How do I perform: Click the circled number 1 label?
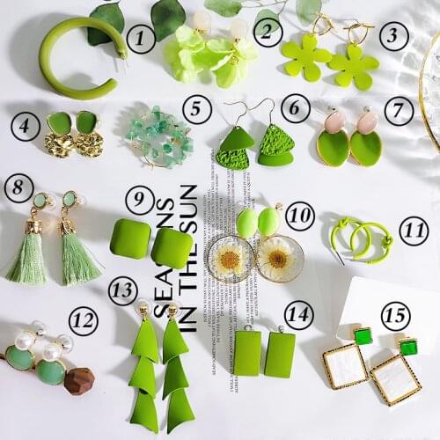(140, 38)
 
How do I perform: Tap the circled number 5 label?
(197, 109)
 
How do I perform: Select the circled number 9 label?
(139, 200)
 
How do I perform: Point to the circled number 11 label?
(413, 231)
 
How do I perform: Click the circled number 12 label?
(83, 321)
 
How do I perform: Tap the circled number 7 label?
(399, 111)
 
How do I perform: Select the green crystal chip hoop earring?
(158, 137)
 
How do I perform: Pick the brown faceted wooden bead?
(78, 380)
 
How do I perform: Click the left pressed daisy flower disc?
(231, 259)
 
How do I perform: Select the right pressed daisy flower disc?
(280, 259)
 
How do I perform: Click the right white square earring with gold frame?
(396, 377)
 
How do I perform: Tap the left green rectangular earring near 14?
(247, 353)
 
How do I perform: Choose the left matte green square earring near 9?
(129, 238)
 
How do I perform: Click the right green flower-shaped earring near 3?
(354, 67)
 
